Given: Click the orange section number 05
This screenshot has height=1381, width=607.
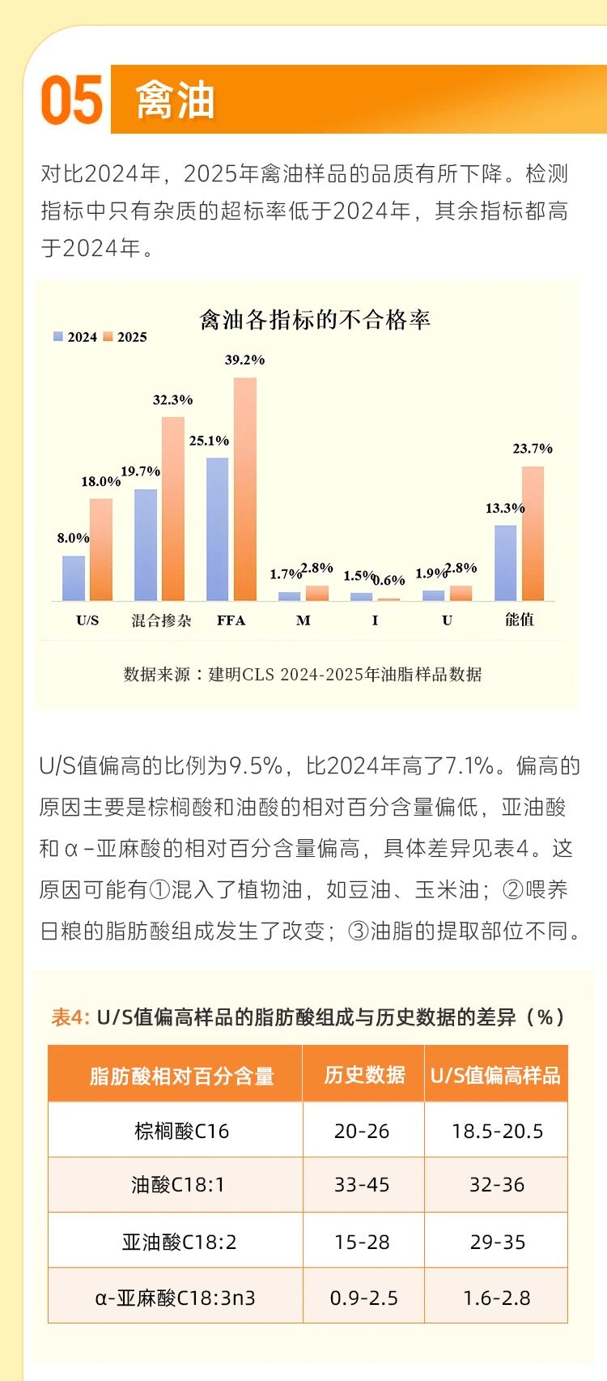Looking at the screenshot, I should tap(72, 100).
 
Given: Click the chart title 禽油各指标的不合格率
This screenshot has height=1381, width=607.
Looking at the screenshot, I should tap(315, 320).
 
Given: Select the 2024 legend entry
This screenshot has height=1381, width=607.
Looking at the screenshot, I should tap(76, 337).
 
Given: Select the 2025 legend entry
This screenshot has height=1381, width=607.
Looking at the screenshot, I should tap(125, 337).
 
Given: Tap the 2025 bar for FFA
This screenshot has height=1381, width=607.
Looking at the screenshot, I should tap(245, 489).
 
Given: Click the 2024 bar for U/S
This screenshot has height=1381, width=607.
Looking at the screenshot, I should tap(74, 578).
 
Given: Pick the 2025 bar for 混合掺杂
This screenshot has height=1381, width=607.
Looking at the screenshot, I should tap(173, 509).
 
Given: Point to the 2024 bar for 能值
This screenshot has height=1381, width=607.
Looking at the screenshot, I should tap(505, 563).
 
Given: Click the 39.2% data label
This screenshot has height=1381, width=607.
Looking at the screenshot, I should tap(244, 360).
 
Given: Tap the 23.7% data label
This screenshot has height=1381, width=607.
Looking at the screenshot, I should tap(533, 448).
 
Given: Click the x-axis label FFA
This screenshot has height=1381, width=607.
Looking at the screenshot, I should tap(231, 620).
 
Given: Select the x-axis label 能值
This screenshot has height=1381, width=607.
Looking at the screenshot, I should tap(519, 620).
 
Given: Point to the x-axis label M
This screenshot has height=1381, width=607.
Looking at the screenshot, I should tap(303, 620).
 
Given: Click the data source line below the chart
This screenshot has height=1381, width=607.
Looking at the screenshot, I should tap(303, 674).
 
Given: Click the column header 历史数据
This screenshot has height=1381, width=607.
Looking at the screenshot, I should tap(364, 1075).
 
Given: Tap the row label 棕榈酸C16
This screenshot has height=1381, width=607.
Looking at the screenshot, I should tap(181, 1131).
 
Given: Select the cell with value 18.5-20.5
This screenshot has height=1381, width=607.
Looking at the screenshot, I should tap(497, 1131).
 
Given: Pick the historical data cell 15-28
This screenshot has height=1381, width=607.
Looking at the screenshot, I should tap(362, 1242).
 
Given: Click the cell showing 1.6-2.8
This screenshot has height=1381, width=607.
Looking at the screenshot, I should tap(497, 1298).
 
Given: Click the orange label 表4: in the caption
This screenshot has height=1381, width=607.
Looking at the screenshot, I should tap(70, 1017).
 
